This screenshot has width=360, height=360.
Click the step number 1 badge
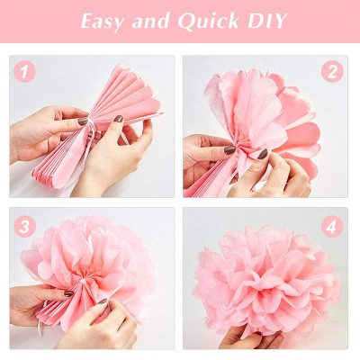[x=25, y=71]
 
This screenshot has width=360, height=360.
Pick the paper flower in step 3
[x=85, y=265]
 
